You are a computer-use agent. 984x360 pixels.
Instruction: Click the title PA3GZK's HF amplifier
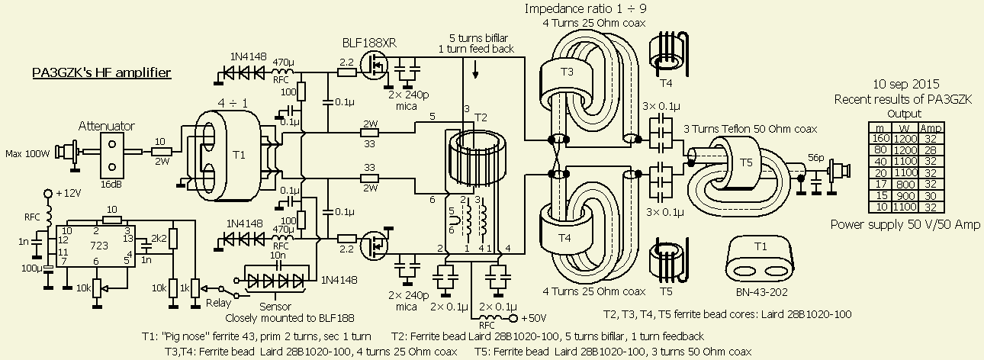[x=101, y=73]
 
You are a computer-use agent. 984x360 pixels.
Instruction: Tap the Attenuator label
[x=108, y=125]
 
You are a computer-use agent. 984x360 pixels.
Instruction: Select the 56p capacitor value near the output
[x=817, y=157]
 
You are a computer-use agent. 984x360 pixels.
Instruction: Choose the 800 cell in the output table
[x=907, y=183]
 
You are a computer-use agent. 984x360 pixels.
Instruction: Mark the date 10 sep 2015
[x=906, y=84]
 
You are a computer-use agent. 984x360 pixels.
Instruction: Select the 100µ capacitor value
[x=32, y=268]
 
